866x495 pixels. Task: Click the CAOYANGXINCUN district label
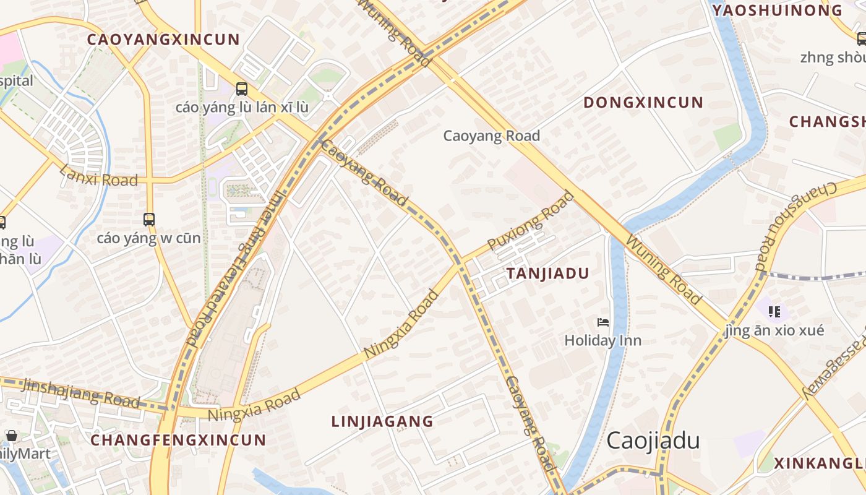tap(163, 40)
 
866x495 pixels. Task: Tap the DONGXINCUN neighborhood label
tap(643, 102)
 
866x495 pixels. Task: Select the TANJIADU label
tap(547, 273)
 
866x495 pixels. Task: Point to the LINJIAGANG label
tap(382, 421)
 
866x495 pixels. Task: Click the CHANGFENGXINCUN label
tap(178, 440)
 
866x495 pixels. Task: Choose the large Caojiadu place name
tap(653, 441)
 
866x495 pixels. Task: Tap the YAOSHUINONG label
tap(777, 10)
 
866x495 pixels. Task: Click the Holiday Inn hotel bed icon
tap(603, 322)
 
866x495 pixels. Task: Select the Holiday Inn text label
tap(602, 340)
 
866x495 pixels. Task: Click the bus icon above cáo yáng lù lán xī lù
tap(242, 89)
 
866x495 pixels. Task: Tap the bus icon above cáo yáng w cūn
tap(149, 219)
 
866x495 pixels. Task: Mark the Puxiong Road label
tap(531, 221)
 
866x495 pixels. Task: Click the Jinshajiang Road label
tap(81, 393)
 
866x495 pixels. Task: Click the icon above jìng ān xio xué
tap(774, 311)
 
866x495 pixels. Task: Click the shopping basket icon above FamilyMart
tap(12, 436)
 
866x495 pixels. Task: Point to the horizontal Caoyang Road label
tap(491, 136)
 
